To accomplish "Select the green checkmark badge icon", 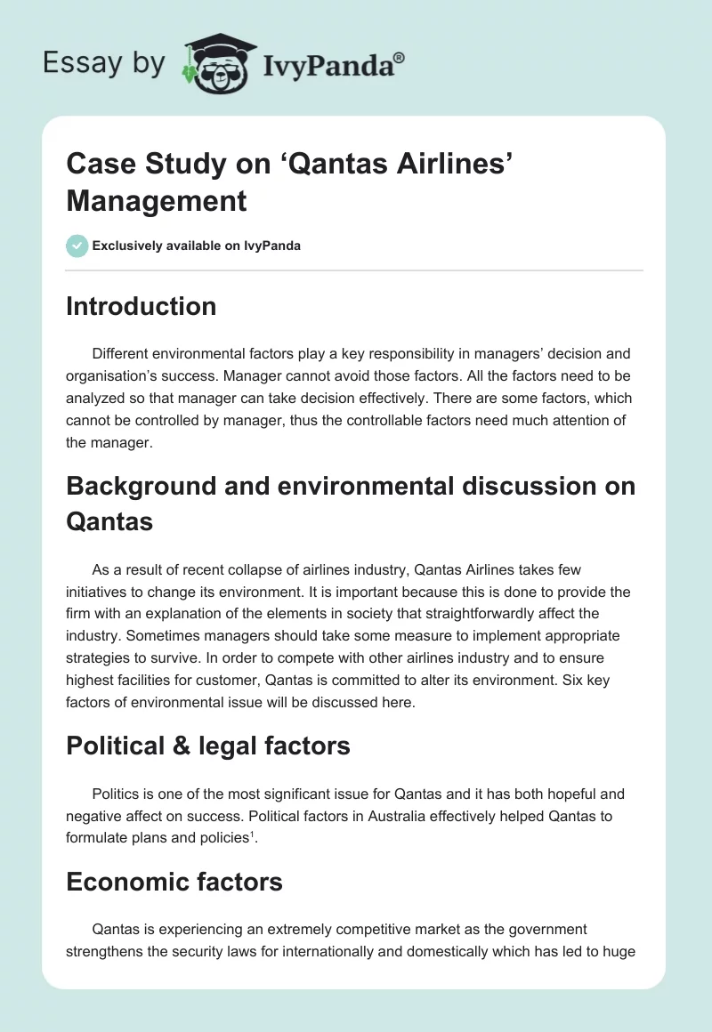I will [x=77, y=246].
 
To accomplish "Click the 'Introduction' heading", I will [x=142, y=306].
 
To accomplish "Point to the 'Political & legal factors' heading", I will [x=208, y=746].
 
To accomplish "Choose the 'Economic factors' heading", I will [x=174, y=882].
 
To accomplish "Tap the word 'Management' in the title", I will [x=157, y=201].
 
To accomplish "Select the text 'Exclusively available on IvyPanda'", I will [x=196, y=246].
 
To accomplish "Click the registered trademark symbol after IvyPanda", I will [x=400, y=58].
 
